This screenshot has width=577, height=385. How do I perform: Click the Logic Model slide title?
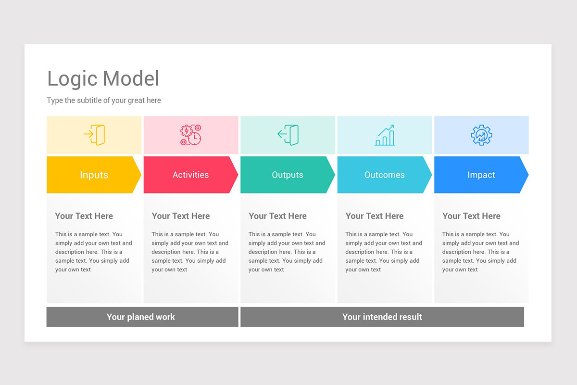(x=103, y=79)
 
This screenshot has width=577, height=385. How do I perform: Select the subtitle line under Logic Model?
(x=104, y=101)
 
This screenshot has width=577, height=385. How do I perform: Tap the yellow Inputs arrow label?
(x=94, y=175)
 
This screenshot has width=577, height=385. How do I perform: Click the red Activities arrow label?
(x=190, y=175)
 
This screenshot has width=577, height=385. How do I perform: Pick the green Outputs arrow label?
(x=288, y=175)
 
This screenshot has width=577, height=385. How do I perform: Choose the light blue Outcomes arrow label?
(x=384, y=175)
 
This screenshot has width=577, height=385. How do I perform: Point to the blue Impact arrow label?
(x=481, y=175)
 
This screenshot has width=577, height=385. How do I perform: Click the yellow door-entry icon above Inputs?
(x=94, y=135)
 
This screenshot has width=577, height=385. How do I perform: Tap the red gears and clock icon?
(x=190, y=135)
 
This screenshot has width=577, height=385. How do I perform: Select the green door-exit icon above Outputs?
(x=288, y=135)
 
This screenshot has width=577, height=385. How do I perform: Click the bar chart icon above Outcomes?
(x=385, y=135)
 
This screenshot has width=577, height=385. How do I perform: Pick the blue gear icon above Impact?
(x=481, y=135)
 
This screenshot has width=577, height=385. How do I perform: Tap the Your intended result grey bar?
(x=382, y=317)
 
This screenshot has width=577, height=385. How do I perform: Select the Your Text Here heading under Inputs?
(x=84, y=216)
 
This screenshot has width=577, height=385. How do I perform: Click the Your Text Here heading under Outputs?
(x=277, y=216)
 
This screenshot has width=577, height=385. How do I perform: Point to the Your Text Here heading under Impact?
(x=471, y=216)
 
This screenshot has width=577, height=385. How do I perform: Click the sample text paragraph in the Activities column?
(x=190, y=252)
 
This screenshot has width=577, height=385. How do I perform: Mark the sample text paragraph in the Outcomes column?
(x=384, y=252)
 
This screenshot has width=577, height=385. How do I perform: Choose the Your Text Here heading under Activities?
(x=181, y=216)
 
